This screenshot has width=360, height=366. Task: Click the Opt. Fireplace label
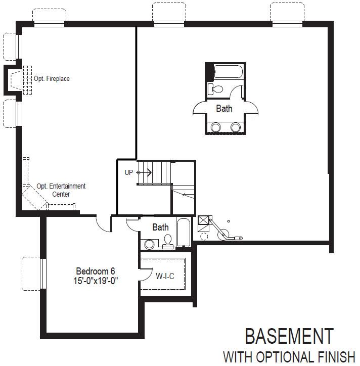(x=52, y=78)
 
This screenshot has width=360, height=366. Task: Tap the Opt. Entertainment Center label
(x=61, y=190)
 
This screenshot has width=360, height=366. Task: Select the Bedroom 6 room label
(x=96, y=271)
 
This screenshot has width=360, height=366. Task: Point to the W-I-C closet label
(x=165, y=277)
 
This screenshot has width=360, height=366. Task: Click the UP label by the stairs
(x=128, y=172)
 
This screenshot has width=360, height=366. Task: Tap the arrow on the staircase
(x=144, y=173)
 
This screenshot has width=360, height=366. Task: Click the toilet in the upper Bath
(x=215, y=89)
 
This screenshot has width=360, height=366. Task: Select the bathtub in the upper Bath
(x=229, y=71)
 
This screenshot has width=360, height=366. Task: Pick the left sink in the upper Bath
(x=215, y=127)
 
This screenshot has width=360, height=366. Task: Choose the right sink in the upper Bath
(x=235, y=127)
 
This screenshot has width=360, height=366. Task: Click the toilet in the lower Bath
(x=168, y=242)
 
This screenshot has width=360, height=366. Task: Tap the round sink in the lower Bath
(x=149, y=244)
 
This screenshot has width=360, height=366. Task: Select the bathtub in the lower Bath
(x=184, y=232)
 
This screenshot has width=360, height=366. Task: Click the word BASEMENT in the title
(x=289, y=336)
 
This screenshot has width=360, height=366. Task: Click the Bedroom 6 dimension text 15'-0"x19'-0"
(x=96, y=281)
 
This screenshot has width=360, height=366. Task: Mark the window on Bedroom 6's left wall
(x=43, y=273)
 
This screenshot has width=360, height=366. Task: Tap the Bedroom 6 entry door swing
(x=104, y=223)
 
